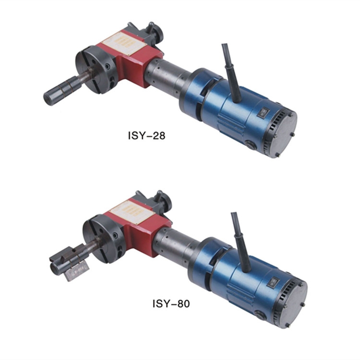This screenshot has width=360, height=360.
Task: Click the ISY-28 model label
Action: point(146,135)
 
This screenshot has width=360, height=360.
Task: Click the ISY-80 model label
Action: point(171,303)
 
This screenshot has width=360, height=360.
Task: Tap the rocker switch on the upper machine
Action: point(263,113)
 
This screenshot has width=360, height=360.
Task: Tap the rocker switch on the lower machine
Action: point(273,281)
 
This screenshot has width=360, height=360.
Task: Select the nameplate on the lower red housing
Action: point(132,212)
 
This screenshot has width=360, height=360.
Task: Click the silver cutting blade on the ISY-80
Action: point(77,271)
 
